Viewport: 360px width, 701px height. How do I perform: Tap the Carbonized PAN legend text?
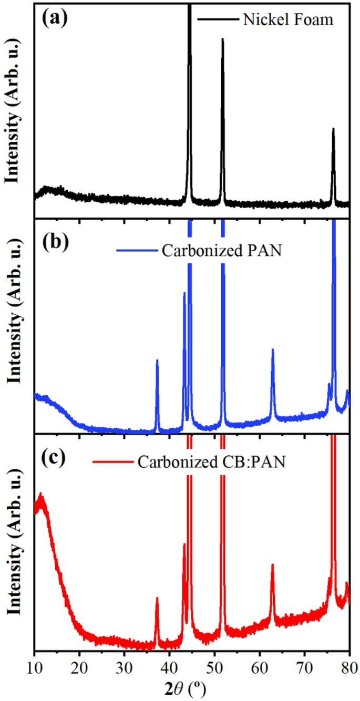(x=222, y=250)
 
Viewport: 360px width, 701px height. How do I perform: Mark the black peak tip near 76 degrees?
(x=333, y=129)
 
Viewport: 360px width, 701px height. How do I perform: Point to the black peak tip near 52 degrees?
(x=223, y=39)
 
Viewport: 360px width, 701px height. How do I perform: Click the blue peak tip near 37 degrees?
(x=157, y=360)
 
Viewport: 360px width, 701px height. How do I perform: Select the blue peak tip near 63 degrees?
(x=272, y=349)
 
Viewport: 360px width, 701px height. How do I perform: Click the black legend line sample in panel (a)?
(x=218, y=20)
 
